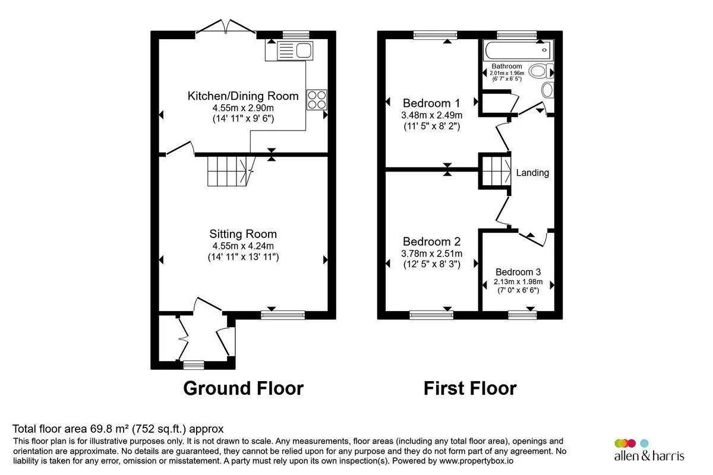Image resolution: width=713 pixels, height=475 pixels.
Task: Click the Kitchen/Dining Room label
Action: coord(243,96)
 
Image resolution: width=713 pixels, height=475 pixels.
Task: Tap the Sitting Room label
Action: coord(243,234)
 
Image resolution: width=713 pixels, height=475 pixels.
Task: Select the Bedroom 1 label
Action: coord(431,103)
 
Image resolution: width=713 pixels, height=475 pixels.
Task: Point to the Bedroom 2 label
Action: coord(431,242)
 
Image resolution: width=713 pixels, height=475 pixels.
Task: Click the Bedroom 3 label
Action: coord(518,272)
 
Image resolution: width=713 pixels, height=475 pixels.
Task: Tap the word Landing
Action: coord(532,173)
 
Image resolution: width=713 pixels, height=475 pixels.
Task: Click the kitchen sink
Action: coord(295,50)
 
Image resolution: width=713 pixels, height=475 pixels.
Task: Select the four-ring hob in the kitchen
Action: coord(317,100)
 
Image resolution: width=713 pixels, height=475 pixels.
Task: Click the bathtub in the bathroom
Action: coord(518,50)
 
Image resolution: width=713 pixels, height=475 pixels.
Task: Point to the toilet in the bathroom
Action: coord(541,71)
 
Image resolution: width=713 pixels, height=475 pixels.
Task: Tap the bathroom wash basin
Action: coord(547,90)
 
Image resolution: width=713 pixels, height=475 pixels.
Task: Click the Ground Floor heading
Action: coord(243,388)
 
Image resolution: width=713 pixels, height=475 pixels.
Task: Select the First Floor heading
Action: coord(470,388)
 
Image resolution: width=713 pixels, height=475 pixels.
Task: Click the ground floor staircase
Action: coord(231,171)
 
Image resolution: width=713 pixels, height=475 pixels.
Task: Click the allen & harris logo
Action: coord(649,451)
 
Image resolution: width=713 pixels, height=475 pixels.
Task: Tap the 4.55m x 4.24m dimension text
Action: coord(243,246)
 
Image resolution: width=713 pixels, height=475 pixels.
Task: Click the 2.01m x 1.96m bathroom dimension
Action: coord(507,73)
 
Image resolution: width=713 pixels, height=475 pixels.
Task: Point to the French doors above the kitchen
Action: coord(226,26)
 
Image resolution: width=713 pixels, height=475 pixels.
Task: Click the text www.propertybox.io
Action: coord(476,461)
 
